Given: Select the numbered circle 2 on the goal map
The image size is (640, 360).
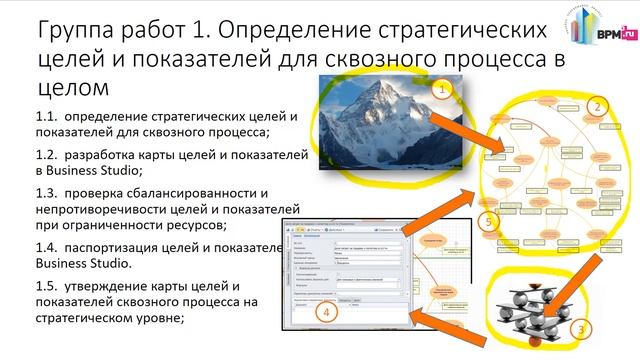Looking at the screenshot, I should [596, 104].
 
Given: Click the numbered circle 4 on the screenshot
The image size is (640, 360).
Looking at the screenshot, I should [325, 311].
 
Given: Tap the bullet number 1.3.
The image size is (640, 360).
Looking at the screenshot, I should [47, 192].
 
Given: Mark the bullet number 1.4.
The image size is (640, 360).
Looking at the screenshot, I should [47, 246].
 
